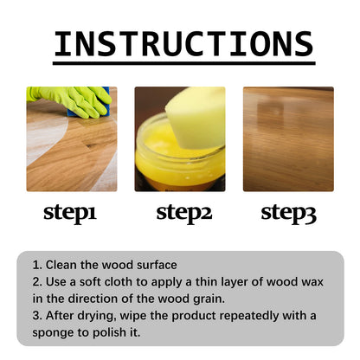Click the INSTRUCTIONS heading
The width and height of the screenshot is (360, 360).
(183, 44)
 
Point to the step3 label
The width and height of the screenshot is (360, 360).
(289, 212)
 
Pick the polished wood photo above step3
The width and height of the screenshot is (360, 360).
(287, 138)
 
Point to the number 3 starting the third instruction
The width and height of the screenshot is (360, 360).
(35, 316)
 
